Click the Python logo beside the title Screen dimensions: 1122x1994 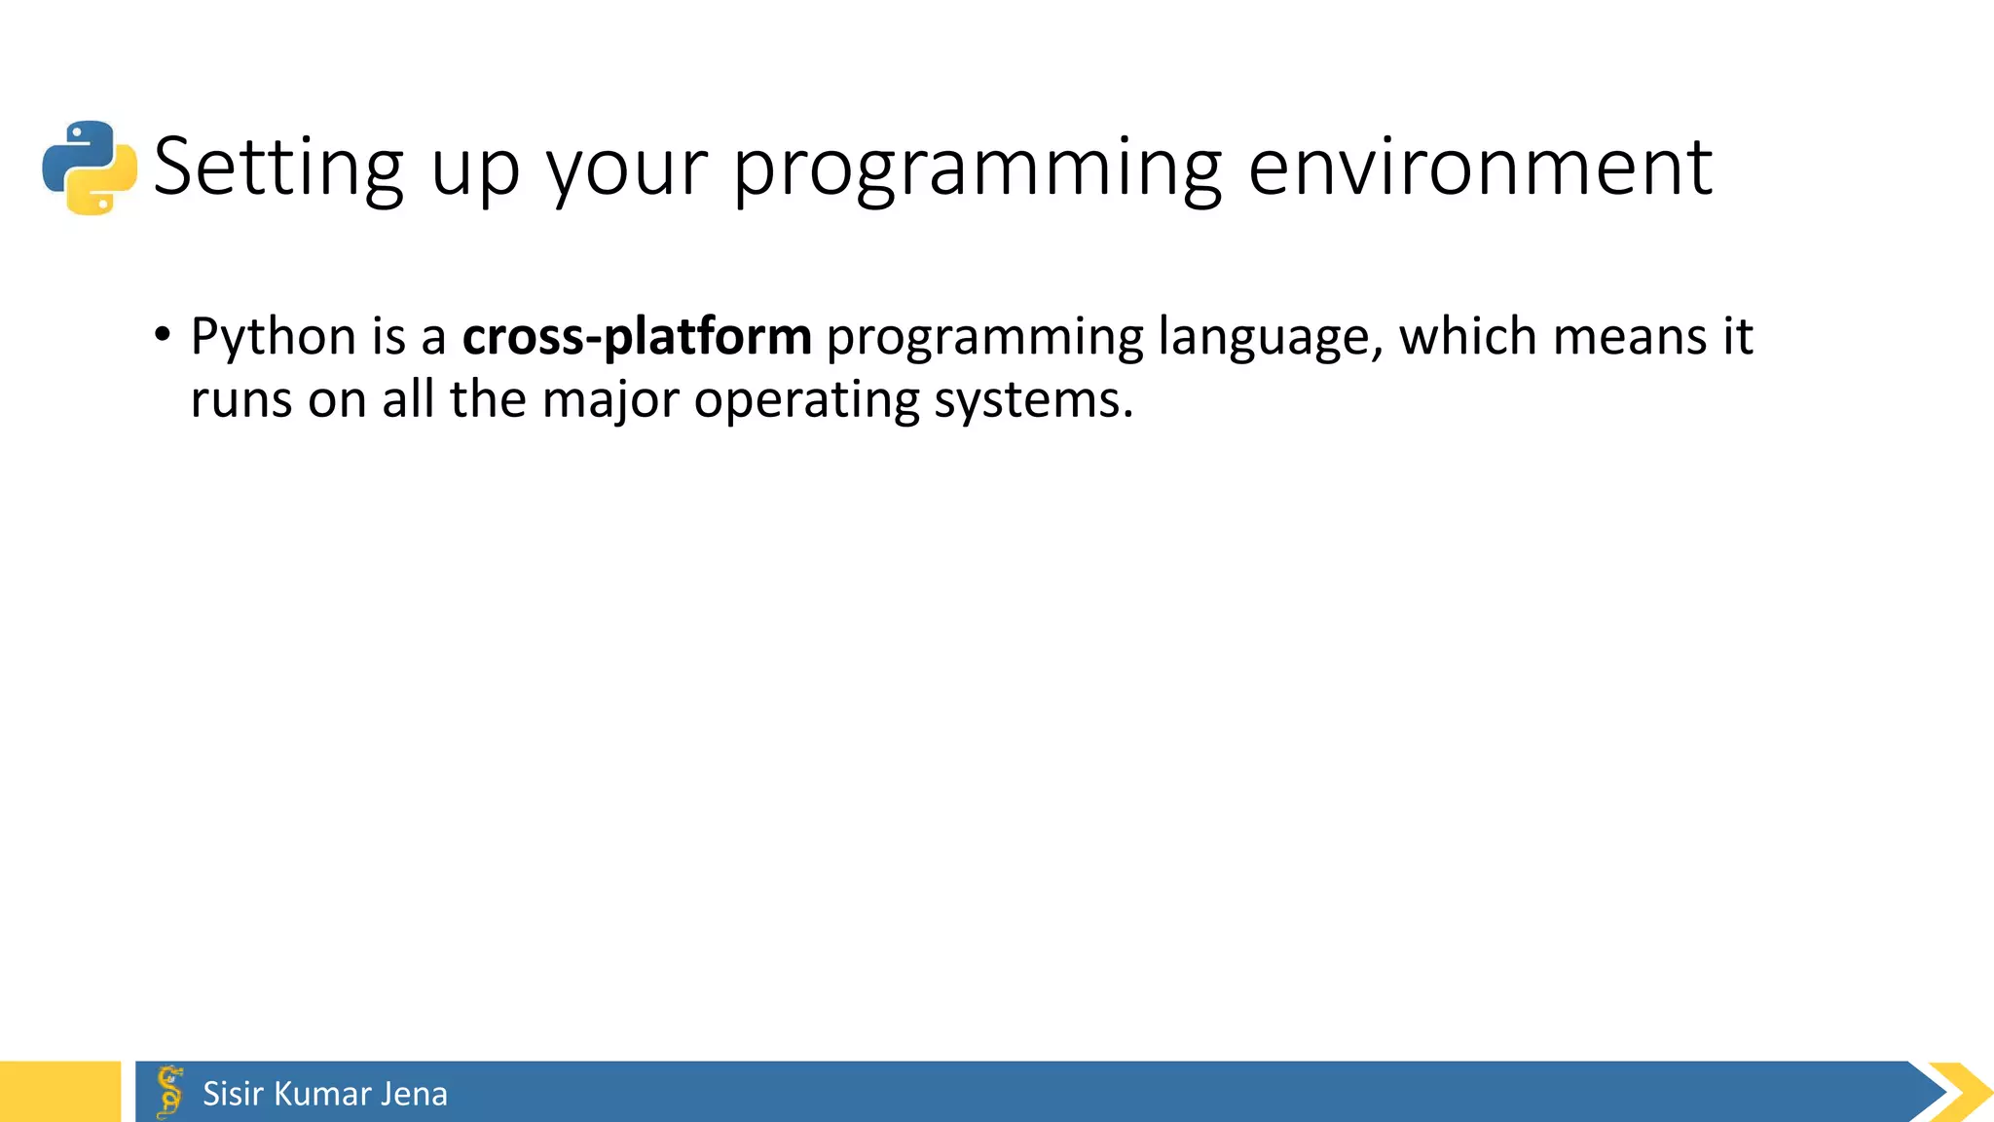click(90, 168)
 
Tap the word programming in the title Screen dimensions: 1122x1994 click(977, 168)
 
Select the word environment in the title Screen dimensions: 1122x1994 click(1479, 168)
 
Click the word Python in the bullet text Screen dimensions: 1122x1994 click(273, 337)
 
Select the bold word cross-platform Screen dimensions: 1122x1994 click(637, 337)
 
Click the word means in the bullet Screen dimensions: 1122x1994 click(1630, 337)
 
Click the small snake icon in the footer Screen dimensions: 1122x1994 click(169, 1092)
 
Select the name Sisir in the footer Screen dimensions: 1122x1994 click(233, 1094)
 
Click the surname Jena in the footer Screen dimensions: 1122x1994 click(414, 1094)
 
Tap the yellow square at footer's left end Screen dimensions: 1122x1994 click(59, 1092)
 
